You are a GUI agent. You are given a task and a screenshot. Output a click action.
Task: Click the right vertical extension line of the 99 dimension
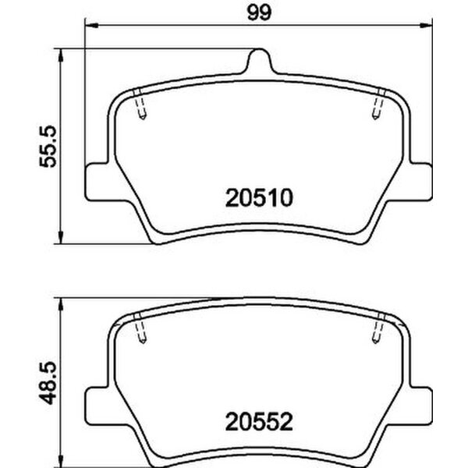(x=431, y=94)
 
